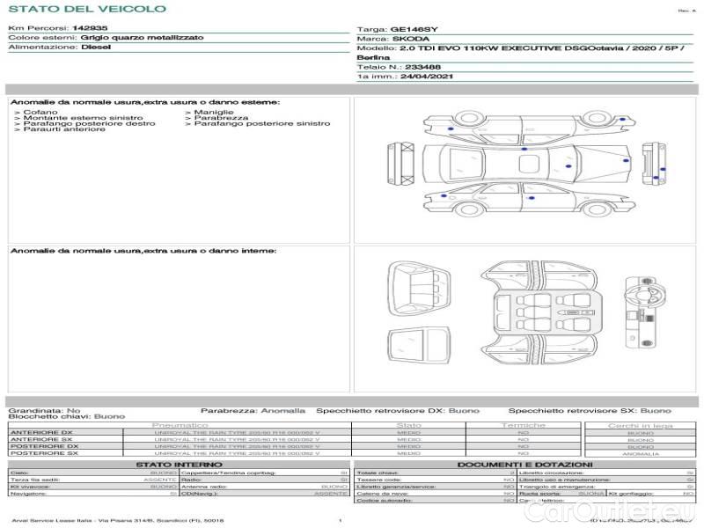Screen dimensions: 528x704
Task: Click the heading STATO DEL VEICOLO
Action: [86, 9]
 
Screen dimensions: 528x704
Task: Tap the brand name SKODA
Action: [412, 40]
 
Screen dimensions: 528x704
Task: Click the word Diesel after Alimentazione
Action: [96, 48]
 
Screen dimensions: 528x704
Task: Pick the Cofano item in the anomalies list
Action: [40, 112]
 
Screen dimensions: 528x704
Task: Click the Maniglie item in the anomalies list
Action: [213, 112]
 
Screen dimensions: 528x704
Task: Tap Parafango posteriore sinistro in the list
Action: [261, 123]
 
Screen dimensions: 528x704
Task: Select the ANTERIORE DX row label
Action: [41, 432]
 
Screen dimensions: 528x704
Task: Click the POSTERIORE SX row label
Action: [43, 453]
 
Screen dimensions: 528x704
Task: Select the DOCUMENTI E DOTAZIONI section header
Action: [524, 464]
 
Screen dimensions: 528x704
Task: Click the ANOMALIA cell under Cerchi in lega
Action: [641, 453]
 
